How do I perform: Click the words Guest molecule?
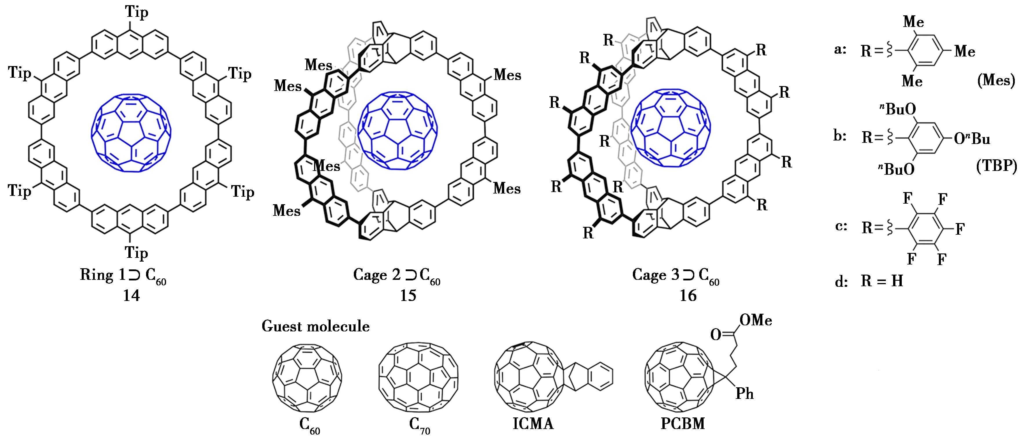point(316,326)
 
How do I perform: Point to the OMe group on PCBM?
point(755,320)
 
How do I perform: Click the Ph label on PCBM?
point(744,394)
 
